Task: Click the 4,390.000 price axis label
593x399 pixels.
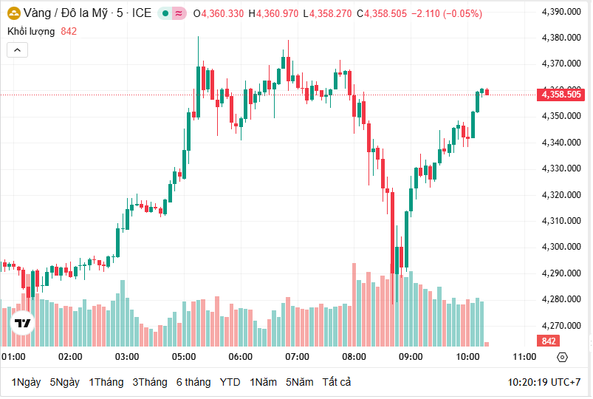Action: click(563, 12)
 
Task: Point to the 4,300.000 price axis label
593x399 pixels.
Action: click(563, 247)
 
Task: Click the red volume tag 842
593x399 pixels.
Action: click(549, 341)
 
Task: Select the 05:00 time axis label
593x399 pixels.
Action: click(184, 357)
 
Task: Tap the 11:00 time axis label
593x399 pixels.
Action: click(524, 357)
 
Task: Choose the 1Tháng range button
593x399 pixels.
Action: click(106, 382)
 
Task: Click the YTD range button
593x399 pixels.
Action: click(230, 382)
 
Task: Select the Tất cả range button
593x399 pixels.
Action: click(336, 382)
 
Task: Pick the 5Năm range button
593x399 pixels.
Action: click(300, 382)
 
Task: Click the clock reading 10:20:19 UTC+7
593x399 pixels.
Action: click(545, 382)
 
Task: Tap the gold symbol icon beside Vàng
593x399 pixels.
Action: click(13, 13)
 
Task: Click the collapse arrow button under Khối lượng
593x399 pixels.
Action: click(17, 50)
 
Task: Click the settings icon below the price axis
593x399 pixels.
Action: click(562, 357)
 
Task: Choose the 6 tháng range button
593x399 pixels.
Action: click(193, 382)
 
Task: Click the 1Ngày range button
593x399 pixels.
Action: click(26, 382)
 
